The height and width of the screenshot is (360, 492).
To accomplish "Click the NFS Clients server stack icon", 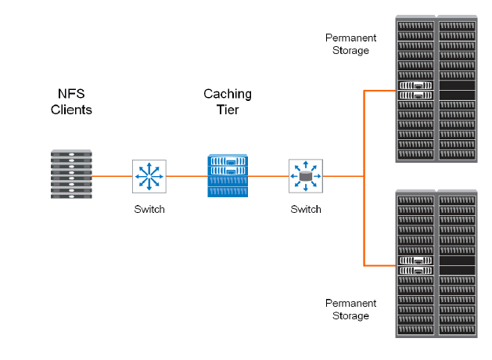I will click(71, 175).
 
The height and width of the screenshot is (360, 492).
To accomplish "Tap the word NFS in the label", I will click(71, 93).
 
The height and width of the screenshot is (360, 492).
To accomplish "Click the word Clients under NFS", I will click(71, 110).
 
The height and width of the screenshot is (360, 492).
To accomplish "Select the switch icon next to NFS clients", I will click(149, 176).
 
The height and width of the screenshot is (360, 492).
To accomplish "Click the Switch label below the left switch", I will click(149, 209).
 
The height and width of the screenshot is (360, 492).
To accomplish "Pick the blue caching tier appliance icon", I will click(228, 175).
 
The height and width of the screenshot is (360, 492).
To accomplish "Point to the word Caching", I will click(228, 94).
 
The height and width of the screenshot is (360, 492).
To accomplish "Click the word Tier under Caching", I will click(228, 110).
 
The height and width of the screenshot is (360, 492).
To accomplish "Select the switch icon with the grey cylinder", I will click(305, 176).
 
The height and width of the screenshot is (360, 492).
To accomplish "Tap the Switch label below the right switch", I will click(305, 209).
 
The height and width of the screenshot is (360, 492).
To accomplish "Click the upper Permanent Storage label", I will click(350, 44).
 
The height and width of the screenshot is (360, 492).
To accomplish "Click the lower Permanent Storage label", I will click(350, 309).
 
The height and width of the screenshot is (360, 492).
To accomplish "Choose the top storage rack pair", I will click(436, 89).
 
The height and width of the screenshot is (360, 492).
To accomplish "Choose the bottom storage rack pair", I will click(436, 263).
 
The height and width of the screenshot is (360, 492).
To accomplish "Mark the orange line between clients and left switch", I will click(112, 176).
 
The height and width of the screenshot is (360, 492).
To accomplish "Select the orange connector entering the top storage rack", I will click(379, 91).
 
